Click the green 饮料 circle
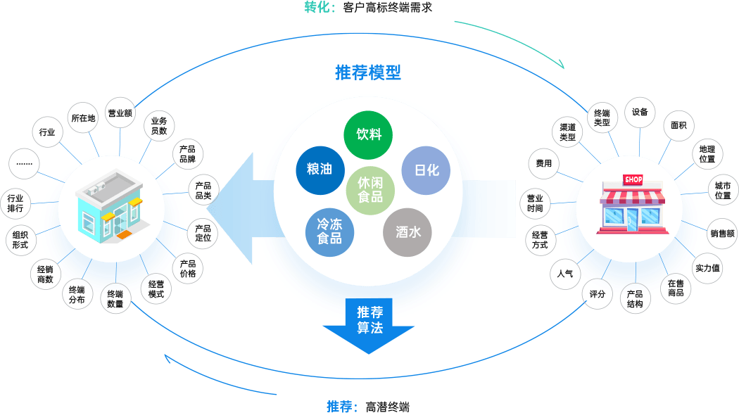[368, 135]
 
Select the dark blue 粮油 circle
[320, 170]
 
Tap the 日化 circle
[426, 170]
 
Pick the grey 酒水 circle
[408, 232]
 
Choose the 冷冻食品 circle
[329, 232]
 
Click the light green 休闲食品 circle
[370, 190]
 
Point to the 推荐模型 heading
[368, 72]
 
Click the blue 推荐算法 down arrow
[369, 326]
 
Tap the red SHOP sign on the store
[633, 179]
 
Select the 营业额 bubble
[120, 113]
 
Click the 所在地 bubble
[83, 117]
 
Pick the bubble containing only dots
[24, 163]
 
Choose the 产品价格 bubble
[188, 269]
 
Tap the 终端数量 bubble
[115, 298]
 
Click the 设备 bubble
[640, 112]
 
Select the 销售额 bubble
[723, 233]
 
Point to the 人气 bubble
[565, 274]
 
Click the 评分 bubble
[597, 294]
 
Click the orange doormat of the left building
[124, 235]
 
